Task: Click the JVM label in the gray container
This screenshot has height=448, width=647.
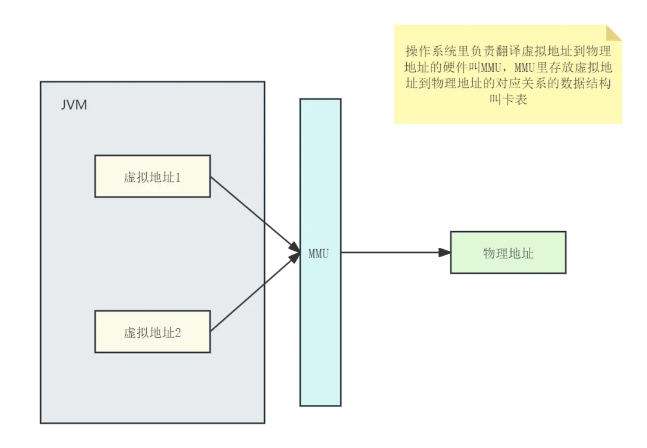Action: point(74,105)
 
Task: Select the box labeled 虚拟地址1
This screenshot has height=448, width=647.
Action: point(152,177)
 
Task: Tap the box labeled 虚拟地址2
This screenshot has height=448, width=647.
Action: point(152,332)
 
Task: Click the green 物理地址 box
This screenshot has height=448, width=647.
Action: point(507,253)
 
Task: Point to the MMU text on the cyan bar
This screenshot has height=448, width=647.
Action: point(319,253)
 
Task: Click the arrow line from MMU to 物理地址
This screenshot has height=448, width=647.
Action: point(389,252)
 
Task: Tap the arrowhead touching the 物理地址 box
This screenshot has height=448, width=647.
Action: point(442,252)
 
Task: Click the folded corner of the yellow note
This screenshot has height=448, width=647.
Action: point(614,33)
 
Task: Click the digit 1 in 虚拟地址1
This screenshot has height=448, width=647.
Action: point(177,177)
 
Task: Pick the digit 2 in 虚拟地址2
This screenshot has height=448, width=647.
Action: point(177,333)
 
